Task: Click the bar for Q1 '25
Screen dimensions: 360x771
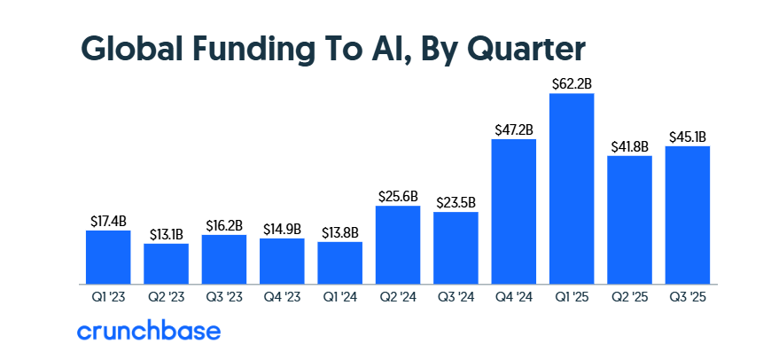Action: coord(572,188)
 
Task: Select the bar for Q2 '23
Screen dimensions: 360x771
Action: coord(167,263)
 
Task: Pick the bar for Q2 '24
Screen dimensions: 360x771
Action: coord(398,245)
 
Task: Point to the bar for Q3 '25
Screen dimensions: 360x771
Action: coord(688,215)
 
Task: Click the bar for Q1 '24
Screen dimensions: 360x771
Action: coord(340,262)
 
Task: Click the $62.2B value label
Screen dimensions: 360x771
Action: coord(572,83)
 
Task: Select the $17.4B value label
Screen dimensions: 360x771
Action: coord(108,221)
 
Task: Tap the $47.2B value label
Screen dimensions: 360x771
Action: coord(514,129)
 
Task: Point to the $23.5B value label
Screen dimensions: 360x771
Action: coord(456,202)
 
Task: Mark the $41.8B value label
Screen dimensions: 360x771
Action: coord(630,146)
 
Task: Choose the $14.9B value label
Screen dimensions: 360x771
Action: coord(282,229)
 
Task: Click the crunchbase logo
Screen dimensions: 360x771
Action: coord(148,332)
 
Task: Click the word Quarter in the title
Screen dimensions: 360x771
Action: coord(520,47)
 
